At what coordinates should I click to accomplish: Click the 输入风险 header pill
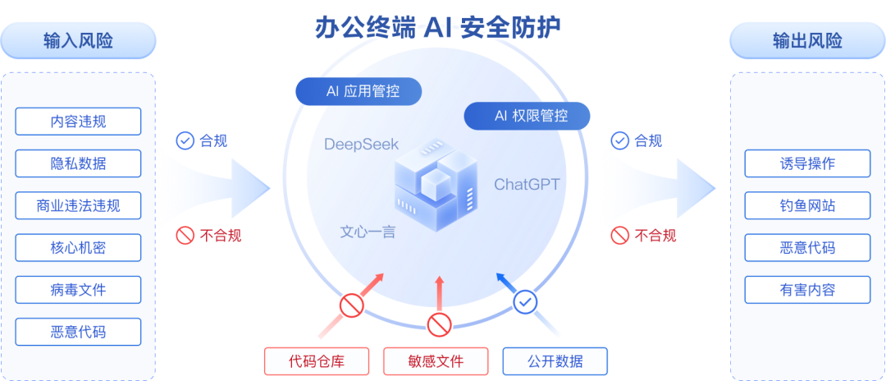point(78,40)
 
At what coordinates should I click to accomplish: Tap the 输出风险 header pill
point(807,40)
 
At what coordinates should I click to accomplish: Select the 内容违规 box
point(78,122)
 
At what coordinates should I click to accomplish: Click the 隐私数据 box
point(78,163)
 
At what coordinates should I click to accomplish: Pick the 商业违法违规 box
point(78,205)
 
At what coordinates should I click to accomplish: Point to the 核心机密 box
point(78,247)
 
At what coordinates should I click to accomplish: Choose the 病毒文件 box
point(78,290)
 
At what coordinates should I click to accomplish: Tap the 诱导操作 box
point(807,163)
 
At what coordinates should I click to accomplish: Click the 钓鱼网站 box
point(807,205)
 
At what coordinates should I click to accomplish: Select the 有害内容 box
point(807,290)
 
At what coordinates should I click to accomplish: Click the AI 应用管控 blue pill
point(359,91)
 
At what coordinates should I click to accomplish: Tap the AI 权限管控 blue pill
point(527,116)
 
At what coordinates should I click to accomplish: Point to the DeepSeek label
point(362,145)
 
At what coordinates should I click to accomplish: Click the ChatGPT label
point(526,184)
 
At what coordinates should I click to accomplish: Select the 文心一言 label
point(368,232)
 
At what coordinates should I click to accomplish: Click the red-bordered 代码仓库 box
point(317,361)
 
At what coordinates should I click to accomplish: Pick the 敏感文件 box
point(436,361)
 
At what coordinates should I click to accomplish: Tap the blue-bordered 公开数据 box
point(555,361)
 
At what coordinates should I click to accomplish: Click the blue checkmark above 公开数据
point(525,303)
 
